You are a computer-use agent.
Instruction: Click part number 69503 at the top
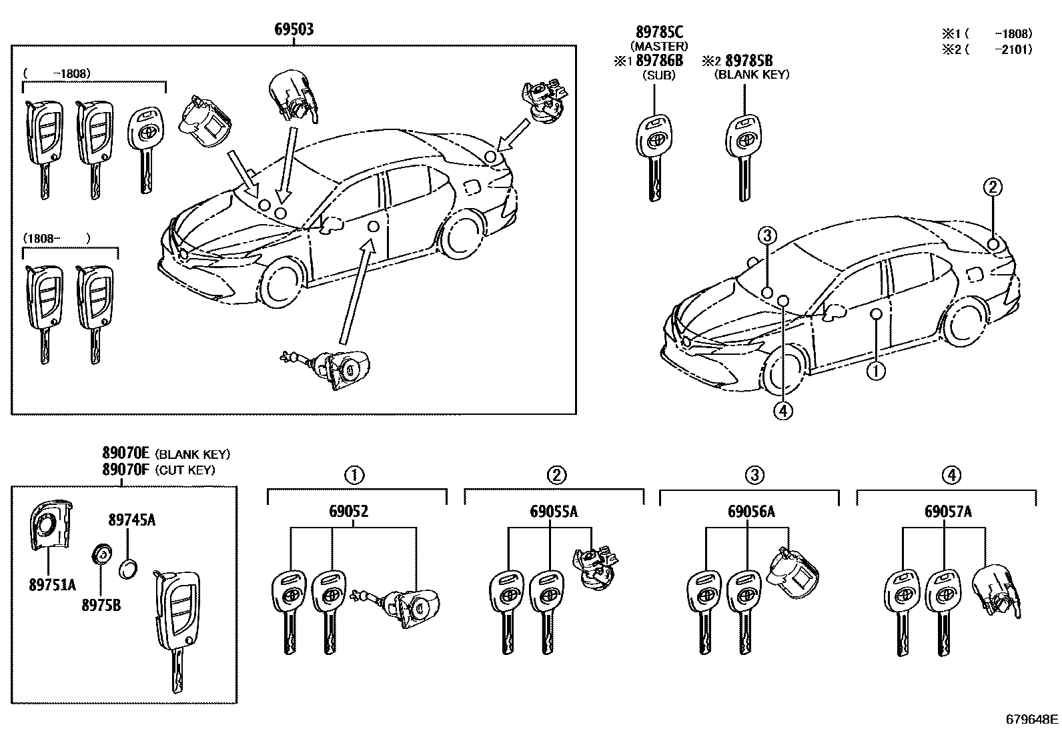294,30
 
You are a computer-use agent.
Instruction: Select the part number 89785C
658,33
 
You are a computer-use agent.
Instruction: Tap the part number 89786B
660,61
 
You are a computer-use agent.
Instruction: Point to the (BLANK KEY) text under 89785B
751,75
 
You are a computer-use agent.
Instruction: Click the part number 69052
348,512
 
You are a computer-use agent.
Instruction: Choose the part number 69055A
554,512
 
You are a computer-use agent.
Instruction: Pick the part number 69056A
751,512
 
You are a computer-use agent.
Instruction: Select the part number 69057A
948,512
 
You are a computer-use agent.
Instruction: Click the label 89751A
53,586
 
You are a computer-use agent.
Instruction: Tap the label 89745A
132,520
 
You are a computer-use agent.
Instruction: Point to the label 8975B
101,605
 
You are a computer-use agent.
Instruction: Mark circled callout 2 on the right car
992,187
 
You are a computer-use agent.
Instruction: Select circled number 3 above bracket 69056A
754,475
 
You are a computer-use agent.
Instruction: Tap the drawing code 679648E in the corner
1032,720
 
